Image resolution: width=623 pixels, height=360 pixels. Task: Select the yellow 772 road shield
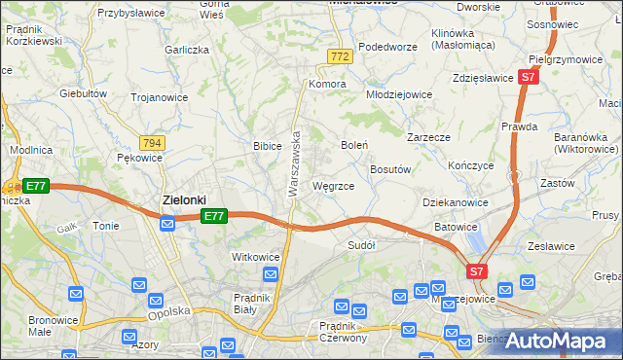[339, 57]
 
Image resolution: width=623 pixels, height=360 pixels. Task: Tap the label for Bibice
[268, 145]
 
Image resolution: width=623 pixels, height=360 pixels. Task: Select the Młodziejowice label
[398, 94]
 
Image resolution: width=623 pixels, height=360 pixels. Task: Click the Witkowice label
[256, 257]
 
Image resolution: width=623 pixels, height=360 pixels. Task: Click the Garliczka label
[188, 49]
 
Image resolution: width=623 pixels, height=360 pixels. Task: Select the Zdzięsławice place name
[483, 78]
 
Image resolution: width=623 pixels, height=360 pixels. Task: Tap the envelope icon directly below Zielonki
[167, 225]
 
